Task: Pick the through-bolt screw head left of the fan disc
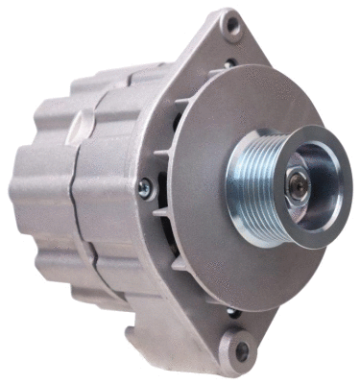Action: [145, 189]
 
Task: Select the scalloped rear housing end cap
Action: [38, 192]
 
